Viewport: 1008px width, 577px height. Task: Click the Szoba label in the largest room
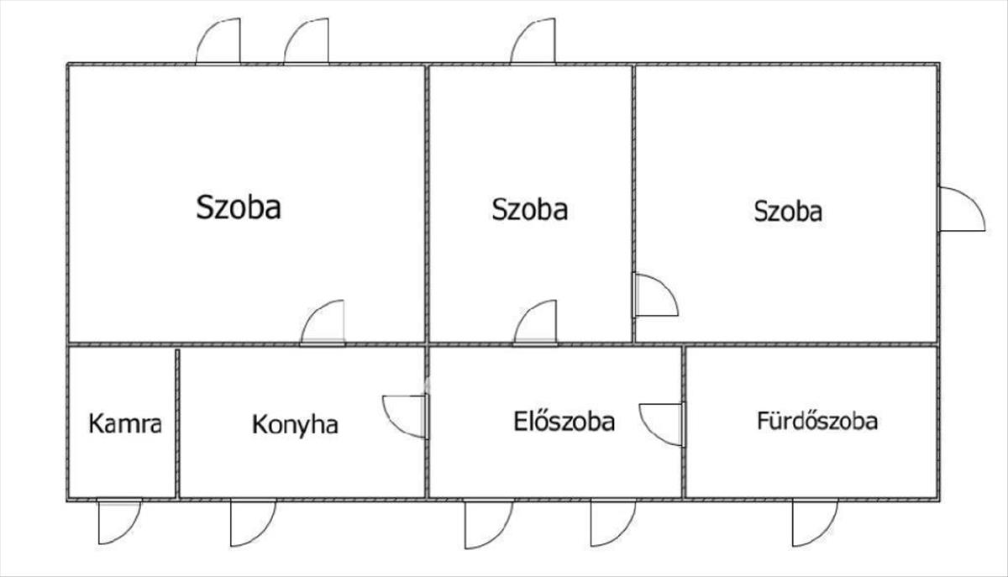(x=239, y=207)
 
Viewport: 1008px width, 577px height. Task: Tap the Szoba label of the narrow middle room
(x=529, y=208)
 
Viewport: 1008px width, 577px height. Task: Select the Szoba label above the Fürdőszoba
(x=788, y=210)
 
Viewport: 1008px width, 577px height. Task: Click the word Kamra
(x=125, y=424)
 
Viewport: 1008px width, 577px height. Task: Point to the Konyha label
(x=295, y=425)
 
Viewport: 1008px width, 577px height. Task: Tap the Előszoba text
(x=564, y=421)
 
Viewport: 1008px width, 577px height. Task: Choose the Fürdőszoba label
(x=817, y=420)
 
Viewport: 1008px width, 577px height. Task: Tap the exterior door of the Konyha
(x=252, y=522)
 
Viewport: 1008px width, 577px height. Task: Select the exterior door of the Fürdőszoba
(x=813, y=522)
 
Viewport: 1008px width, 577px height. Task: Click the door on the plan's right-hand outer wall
(x=960, y=210)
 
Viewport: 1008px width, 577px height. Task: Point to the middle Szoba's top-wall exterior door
(x=533, y=43)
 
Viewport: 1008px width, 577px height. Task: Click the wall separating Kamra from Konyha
(x=177, y=422)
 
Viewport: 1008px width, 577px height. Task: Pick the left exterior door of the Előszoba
(x=487, y=523)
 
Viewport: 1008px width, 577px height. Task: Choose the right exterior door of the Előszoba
(x=612, y=522)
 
